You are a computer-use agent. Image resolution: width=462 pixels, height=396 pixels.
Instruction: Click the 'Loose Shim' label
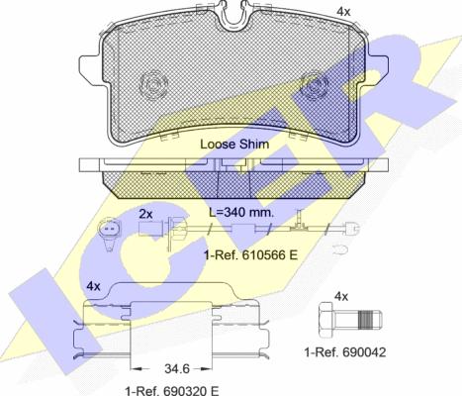point(234,145)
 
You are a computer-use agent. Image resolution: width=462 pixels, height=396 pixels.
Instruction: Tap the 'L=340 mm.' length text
point(242,212)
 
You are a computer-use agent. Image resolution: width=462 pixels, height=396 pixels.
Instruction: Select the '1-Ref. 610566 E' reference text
point(251,254)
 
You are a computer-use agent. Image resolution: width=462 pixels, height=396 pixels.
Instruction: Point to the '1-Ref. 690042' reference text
point(345,352)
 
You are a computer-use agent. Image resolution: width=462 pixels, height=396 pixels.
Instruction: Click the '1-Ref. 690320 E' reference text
point(172,391)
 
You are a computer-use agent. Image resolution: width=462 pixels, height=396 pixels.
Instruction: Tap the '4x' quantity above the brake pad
point(343,12)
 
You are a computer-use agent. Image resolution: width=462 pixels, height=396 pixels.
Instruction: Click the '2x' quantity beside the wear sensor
point(145,215)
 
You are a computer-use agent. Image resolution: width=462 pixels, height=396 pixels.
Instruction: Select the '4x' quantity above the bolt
point(341,296)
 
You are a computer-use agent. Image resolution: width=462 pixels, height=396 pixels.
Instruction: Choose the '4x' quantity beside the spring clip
point(93,286)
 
